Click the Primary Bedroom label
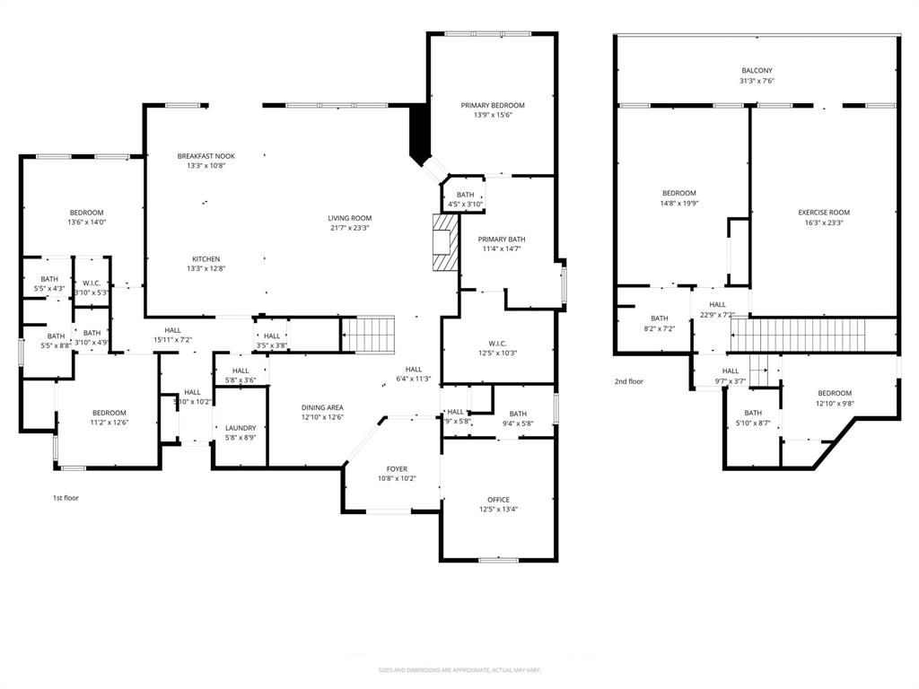click(x=493, y=106)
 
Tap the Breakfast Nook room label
click(x=206, y=156)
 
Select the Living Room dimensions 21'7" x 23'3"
click(x=349, y=228)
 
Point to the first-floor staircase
click(x=371, y=334)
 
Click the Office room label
click(x=498, y=500)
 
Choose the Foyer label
click(x=397, y=469)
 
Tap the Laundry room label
click(x=241, y=428)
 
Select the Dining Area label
click(x=322, y=407)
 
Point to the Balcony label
click(x=757, y=71)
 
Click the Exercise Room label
click(x=824, y=213)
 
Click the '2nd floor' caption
click(x=629, y=381)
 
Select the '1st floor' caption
click(x=66, y=497)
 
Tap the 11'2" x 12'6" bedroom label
click(x=109, y=417)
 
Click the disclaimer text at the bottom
click(x=459, y=670)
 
